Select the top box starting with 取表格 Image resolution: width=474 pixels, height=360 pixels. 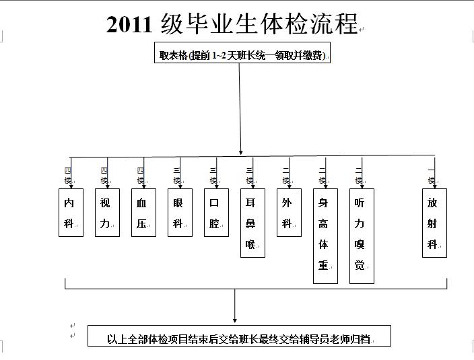242,55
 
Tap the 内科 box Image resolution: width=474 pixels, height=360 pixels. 71,213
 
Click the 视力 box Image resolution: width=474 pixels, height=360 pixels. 107,213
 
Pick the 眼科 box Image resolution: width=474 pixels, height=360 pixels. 180,213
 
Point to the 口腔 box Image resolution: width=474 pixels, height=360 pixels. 216,213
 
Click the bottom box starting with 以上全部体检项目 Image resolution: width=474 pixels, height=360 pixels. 239,338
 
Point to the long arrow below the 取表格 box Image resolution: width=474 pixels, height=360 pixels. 240,108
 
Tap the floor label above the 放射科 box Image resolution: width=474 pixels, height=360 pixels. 432,176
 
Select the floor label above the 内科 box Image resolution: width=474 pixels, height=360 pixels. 67,176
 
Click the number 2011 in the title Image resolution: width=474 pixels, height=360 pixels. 131,24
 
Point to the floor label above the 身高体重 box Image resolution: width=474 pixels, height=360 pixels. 322,176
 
